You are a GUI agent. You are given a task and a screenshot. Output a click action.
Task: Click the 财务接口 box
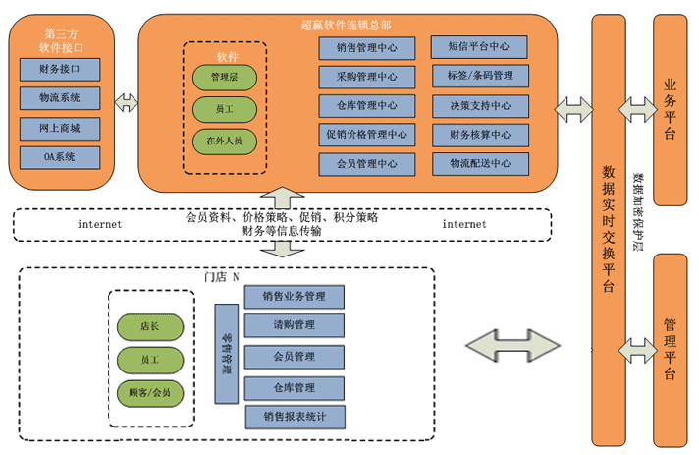click(x=60, y=70)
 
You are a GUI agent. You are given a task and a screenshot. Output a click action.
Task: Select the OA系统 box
click(x=60, y=157)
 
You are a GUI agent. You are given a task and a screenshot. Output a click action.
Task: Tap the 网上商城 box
click(x=60, y=128)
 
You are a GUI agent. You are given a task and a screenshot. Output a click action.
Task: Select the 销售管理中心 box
click(x=366, y=48)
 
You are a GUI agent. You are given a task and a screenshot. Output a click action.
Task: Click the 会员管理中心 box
click(x=366, y=164)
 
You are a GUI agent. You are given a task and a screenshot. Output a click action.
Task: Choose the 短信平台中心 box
click(x=479, y=46)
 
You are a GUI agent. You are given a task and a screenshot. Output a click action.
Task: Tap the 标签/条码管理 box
click(x=479, y=76)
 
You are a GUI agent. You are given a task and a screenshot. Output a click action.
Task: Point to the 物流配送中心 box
click(x=479, y=164)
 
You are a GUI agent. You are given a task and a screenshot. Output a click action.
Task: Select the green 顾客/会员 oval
click(x=150, y=392)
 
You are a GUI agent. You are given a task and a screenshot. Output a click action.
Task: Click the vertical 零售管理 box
click(x=227, y=354)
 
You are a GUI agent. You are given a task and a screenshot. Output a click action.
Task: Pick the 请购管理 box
click(x=295, y=325)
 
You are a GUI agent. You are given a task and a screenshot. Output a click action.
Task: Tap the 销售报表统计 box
click(x=295, y=417)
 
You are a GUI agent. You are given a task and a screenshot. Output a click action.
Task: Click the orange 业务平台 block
click(x=670, y=109)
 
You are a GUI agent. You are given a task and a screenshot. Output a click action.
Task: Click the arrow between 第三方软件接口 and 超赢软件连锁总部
click(x=126, y=102)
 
